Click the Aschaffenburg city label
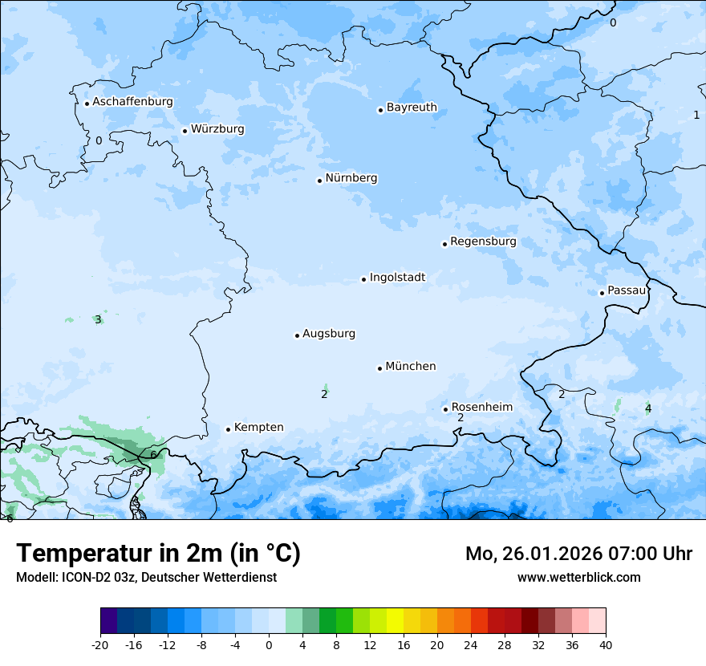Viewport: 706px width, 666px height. coord(132,102)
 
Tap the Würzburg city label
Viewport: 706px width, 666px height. coord(217,129)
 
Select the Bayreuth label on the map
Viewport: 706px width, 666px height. coord(412,108)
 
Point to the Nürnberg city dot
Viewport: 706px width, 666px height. coord(319,181)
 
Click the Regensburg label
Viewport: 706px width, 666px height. coord(483,242)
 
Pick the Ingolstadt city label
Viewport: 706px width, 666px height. coord(397,278)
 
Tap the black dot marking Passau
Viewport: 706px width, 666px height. coord(602,293)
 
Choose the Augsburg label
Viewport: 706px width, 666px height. coord(329,334)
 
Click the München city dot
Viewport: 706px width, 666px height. coord(379,368)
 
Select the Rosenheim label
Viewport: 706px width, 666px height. coord(481,407)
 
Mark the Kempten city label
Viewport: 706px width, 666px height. coord(258,428)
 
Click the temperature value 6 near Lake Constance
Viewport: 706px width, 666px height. coord(153,455)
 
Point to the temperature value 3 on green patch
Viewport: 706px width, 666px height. coord(98,319)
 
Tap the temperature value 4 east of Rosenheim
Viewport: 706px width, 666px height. coord(648,409)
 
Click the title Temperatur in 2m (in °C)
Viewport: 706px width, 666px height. coord(158,554)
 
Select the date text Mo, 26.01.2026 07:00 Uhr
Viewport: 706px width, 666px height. coord(578,554)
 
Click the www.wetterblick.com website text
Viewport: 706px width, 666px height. coord(578,577)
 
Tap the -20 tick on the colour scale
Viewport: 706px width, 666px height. coord(100,644)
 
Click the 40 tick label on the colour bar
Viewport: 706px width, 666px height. coord(606,644)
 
